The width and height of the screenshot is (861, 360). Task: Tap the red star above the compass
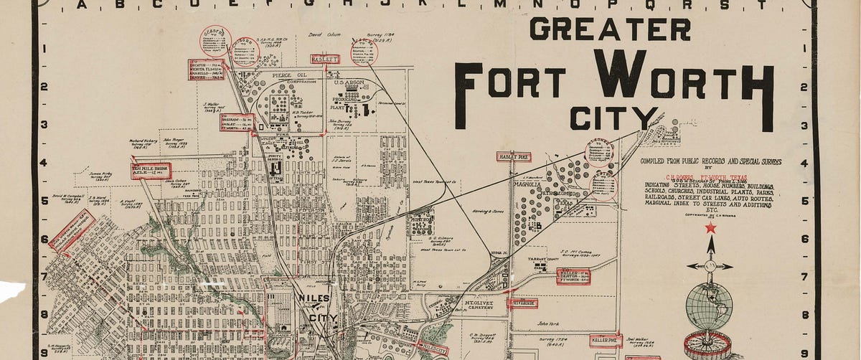tap(710, 228)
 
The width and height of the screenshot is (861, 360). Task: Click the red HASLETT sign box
tap(324, 59)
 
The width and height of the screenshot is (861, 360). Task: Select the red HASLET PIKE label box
tap(514, 156)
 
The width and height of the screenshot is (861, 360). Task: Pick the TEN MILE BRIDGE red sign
tap(151, 171)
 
